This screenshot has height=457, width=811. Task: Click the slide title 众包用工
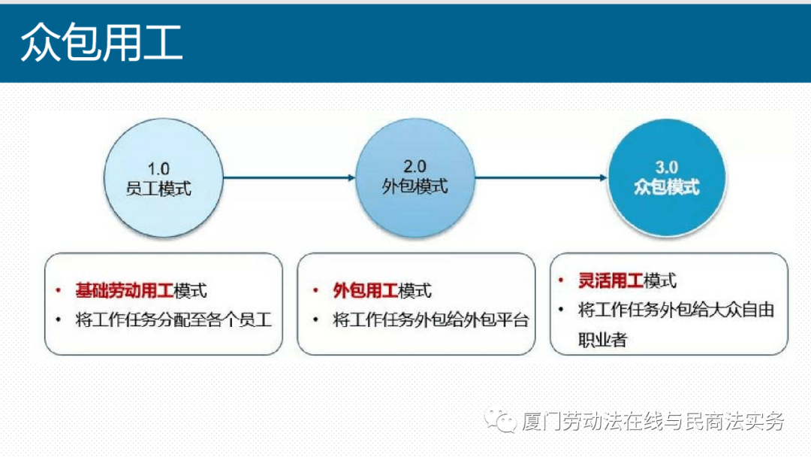tap(101, 42)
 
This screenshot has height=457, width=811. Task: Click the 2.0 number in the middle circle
tap(415, 167)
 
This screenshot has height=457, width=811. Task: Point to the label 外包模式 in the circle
tap(415, 186)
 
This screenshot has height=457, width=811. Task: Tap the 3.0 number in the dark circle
tap(667, 167)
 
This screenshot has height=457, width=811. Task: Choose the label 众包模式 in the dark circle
tap(667, 186)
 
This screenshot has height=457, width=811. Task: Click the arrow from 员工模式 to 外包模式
tap(289, 178)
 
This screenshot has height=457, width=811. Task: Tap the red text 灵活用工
tap(611, 281)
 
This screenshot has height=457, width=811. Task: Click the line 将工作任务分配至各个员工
tap(173, 319)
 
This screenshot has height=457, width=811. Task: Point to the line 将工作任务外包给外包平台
tap(431, 320)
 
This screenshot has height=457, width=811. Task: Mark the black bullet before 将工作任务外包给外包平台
tap(315, 320)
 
